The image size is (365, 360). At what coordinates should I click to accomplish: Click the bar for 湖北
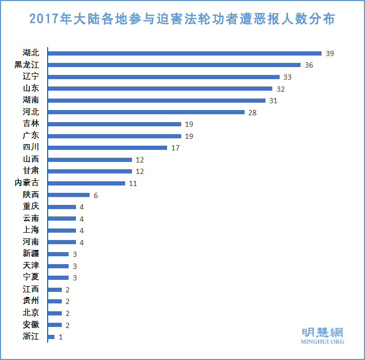(184, 53)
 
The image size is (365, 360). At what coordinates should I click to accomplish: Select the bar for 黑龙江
(174, 65)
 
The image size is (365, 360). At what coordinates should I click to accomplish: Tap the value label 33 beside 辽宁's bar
(287, 77)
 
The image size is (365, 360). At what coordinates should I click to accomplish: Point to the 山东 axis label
(30, 89)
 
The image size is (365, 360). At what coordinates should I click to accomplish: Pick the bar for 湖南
(157, 100)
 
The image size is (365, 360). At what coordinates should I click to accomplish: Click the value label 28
(252, 112)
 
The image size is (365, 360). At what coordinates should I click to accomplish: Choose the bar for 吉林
(114, 124)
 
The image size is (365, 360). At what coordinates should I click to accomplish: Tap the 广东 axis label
(30, 136)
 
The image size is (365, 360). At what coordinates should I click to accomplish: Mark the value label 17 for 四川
(175, 148)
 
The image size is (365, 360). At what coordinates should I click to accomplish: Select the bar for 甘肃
(90, 171)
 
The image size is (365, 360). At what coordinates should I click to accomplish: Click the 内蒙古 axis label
(27, 183)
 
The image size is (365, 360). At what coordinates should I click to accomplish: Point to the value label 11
(133, 183)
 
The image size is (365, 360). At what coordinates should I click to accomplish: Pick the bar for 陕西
(69, 195)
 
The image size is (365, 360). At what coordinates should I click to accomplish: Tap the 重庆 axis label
(30, 206)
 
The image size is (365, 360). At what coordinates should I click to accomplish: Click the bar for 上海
(62, 231)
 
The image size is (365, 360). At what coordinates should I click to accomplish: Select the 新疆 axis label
(30, 254)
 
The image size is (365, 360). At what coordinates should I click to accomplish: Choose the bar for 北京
(54, 313)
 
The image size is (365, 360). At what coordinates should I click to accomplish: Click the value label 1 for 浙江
(61, 337)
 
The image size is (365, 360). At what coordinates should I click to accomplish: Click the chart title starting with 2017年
(182, 19)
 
